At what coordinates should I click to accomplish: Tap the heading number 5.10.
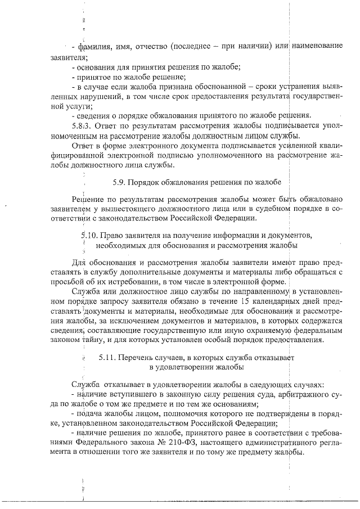click(90, 235)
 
